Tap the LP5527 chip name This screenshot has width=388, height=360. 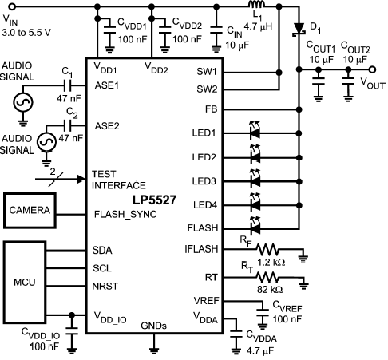point(154,200)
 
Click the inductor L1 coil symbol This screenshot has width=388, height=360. point(257,5)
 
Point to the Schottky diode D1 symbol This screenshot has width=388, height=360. point(299,29)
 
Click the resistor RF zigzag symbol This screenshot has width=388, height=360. point(267,249)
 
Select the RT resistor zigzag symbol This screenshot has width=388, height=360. point(267,278)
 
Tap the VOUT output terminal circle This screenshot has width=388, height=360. point(373,69)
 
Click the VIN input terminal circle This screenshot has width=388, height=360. point(12,6)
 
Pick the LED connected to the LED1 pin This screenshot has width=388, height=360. point(255,131)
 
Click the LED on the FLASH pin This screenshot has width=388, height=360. point(255,227)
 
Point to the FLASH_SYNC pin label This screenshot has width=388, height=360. point(125,215)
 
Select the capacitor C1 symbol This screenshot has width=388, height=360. point(67,85)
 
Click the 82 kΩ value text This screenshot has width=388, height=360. point(270,290)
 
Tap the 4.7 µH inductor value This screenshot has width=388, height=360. point(258,26)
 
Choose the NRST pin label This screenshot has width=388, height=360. point(105,287)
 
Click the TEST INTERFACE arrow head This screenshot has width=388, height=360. point(81,179)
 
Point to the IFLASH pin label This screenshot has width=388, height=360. point(201,249)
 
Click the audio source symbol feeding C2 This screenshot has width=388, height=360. point(46,142)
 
